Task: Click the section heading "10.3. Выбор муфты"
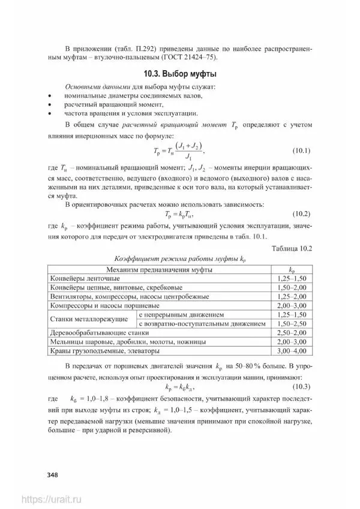click(x=179, y=74)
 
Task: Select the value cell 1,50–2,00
click(x=292, y=288)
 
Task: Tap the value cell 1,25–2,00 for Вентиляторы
click(x=292, y=297)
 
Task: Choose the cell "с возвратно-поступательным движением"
click(x=202, y=324)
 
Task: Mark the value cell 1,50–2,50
click(x=292, y=324)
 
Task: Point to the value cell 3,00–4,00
click(x=292, y=351)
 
